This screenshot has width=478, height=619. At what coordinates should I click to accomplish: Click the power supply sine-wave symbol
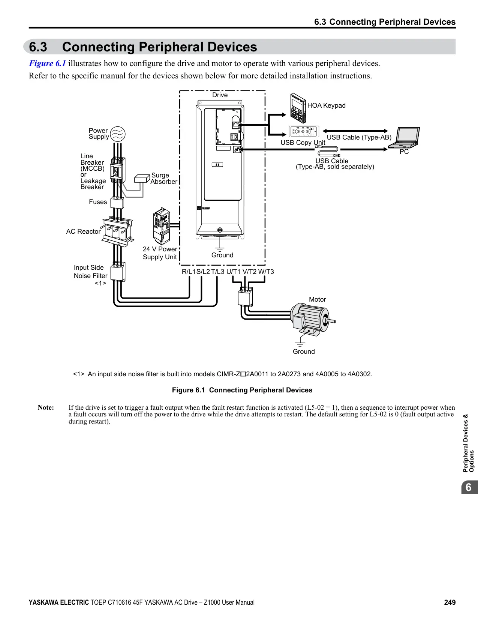tap(118, 134)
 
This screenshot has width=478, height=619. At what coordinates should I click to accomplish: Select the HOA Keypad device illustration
tap(298, 108)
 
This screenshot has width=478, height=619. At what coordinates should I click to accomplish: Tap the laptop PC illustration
tap(404, 138)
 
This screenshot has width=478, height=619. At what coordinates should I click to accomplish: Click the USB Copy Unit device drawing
tap(304, 131)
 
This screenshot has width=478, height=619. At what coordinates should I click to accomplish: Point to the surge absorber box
tap(142, 178)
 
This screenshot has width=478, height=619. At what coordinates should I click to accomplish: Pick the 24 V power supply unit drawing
tap(162, 226)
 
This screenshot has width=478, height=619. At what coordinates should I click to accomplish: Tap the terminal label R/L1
tap(189, 272)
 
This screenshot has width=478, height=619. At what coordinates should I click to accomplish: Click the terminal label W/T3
tap(266, 272)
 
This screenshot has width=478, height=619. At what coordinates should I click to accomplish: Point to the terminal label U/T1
tap(233, 272)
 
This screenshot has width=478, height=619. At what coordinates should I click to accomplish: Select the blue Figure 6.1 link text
tap(47, 63)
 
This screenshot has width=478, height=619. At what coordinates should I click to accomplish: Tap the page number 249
tap(450, 602)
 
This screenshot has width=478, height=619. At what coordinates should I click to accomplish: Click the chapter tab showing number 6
tap(469, 487)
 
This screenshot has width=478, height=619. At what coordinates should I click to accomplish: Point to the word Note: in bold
tap(46, 407)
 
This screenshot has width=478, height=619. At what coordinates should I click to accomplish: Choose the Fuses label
tap(98, 202)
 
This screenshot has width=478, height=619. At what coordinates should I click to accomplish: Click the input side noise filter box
tap(118, 272)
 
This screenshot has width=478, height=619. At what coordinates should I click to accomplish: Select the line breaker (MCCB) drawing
tap(118, 170)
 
